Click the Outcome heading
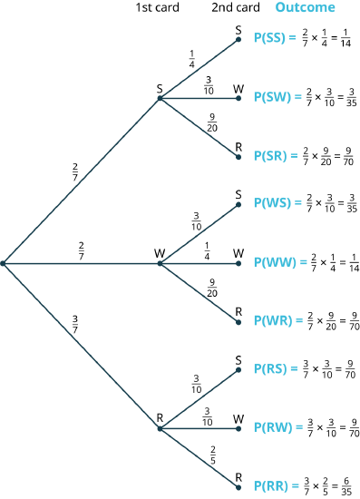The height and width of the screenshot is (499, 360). click(x=305, y=7)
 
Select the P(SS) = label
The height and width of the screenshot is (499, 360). click(x=275, y=39)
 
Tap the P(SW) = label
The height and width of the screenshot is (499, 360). click(x=277, y=97)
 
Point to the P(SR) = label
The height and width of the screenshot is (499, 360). click(x=276, y=155)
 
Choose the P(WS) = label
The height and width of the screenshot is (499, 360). click(x=277, y=203)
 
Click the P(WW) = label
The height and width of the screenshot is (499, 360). click(x=280, y=262)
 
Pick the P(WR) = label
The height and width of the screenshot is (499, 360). click(x=277, y=320)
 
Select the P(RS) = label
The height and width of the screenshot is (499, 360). click(x=276, y=368)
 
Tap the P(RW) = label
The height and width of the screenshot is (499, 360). click(x=277, y=426)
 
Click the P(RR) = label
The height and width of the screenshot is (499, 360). click(x=276, y=485)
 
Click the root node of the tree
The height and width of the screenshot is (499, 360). click(x=4, y=263)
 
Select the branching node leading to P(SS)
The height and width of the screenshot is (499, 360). click(x=160, y=98)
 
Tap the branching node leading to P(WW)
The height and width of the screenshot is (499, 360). click(x=160, y=263)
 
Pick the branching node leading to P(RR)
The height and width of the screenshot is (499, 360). click(x=160, y=428)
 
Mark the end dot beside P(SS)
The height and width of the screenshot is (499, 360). click(x=238, y=40)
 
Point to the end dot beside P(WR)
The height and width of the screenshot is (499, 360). click(x=238, y=321)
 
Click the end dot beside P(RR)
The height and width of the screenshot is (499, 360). click(x=238, y=486)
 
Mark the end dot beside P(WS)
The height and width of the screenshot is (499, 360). click(x=238, y=204)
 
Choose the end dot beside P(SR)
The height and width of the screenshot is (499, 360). click(x=238, y=156)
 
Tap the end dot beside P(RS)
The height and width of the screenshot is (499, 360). click(x=238, y=369)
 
